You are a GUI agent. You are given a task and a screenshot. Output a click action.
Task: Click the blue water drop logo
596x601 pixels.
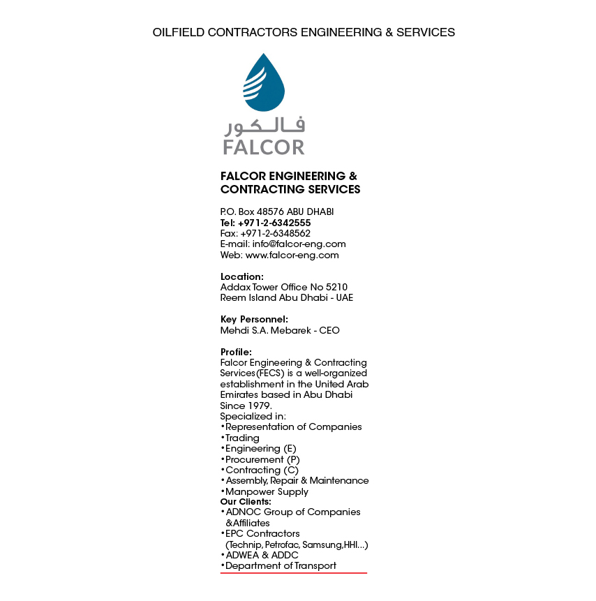263,83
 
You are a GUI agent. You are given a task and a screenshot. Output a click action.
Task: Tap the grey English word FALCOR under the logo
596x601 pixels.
263,147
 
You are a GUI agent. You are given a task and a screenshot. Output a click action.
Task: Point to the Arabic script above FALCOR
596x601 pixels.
264,126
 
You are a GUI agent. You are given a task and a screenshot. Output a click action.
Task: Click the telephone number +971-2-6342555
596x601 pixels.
274,223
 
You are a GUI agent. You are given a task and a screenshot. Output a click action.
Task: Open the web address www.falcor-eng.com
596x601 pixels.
292,255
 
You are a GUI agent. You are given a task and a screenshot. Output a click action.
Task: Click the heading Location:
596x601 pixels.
241,276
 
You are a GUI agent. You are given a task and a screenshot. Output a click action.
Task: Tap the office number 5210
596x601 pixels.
335,287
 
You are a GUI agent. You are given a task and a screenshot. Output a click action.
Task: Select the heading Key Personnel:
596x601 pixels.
254,319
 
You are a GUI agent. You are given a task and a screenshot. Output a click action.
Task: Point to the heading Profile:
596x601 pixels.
236,352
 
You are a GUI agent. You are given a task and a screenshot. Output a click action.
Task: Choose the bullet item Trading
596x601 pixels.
242,438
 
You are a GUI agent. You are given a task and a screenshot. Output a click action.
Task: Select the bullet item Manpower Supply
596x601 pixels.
267,491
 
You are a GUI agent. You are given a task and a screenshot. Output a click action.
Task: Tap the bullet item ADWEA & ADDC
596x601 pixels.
262,555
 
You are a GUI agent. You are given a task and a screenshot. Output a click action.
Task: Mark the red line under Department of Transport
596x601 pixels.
293,572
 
